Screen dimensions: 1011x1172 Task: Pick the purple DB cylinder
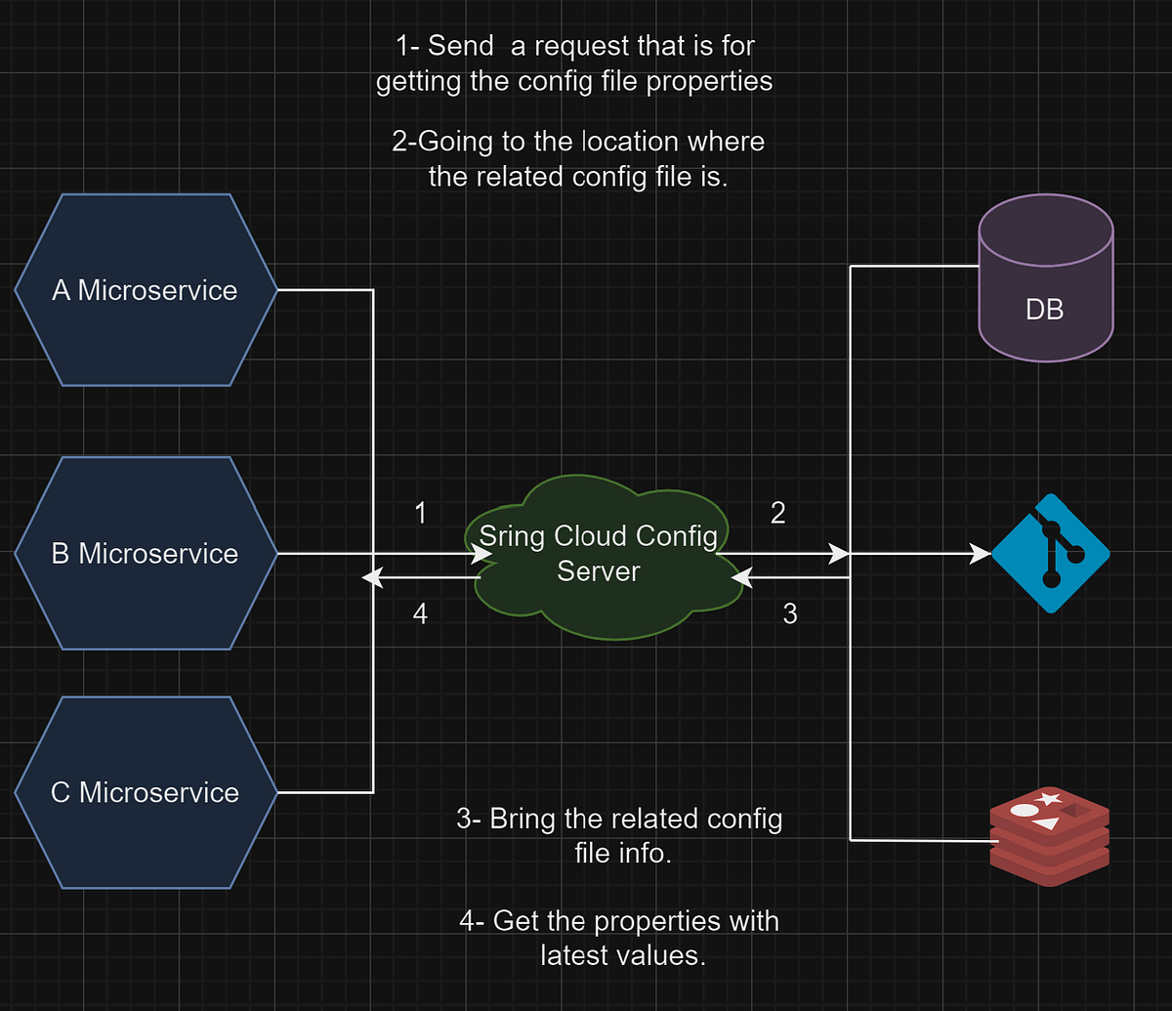point(1046,283)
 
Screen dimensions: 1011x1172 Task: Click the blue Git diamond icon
point(1051,554)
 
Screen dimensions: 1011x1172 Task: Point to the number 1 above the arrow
point(420,514)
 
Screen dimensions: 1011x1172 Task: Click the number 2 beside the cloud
point(777,514)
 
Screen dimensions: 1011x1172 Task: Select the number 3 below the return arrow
point(790,613)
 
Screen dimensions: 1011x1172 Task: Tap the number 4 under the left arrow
point(420,613)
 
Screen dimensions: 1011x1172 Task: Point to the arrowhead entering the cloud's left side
point(482,554)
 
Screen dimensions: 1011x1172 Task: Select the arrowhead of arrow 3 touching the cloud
point(742,578)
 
